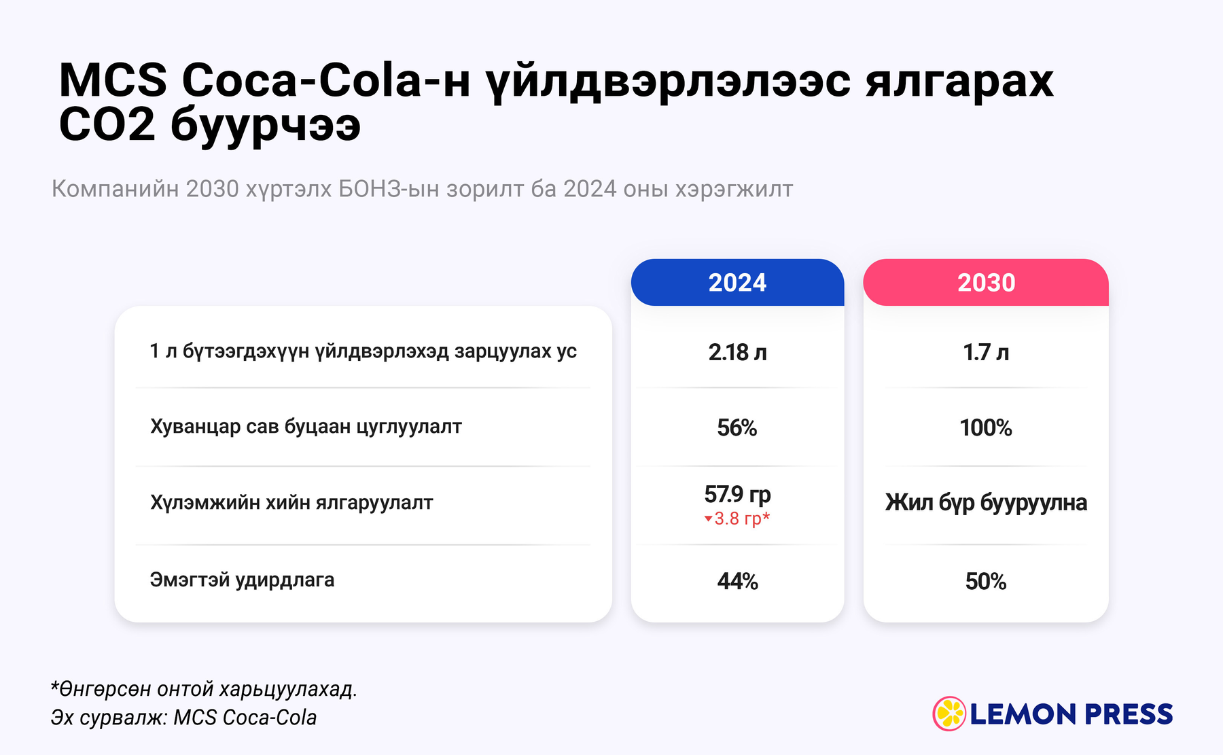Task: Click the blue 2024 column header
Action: [737, 283]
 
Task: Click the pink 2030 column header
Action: [986, 283]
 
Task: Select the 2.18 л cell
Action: [737, 352]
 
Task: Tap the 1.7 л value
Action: [986, 352]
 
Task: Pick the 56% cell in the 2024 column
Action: [737, 427]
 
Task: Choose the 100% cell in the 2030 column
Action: [986, 427]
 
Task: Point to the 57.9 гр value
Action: [737, 494]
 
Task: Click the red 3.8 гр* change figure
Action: [742, 519]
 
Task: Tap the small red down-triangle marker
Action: [708, 519]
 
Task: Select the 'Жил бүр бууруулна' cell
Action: [986, 503]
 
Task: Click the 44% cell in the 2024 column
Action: [737, 581]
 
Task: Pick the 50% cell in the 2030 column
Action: [986, 581]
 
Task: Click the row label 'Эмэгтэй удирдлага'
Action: [242, 580]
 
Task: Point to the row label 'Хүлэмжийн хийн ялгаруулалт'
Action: [291, 503]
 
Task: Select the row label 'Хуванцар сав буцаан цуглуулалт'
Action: [306, 427]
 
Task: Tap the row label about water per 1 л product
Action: [363, 351]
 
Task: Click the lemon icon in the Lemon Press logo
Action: [949, 714]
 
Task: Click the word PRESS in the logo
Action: [1129, 714]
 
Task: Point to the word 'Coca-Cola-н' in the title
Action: [326, 80]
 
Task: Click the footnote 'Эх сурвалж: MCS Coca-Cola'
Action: [183, 718]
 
